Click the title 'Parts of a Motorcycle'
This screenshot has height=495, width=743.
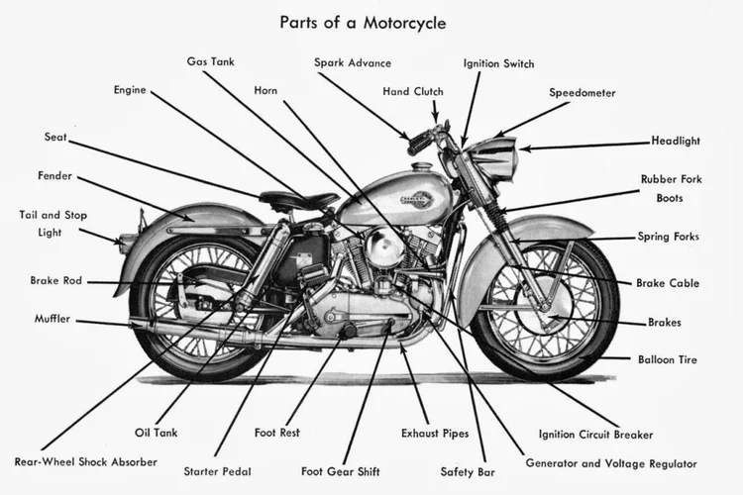pyautogui.click(x=363, y=21)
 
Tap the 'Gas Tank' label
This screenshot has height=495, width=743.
pyautogui.click(x=210, y=61)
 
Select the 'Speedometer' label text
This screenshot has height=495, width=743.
pyautogui.click(x=583, y=93)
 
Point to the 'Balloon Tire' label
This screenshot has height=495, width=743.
pyautogui.click(x=668, y=359)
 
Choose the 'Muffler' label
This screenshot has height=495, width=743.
pyautogui.click(x=52, y=319)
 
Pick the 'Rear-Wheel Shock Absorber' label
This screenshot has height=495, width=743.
pyautogui.click(x=85, y=461)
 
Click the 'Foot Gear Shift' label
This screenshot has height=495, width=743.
pyautogui.click(x=342, y=471)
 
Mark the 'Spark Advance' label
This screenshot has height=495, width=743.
pyautogui.click(x=353, y=63)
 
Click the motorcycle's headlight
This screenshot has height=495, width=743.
pyautogui.click(x=495, y=158)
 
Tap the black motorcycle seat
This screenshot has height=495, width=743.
pyautogui.click(x=297, y=201)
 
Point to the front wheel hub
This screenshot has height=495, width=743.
pyautogui.click(x=548, y=308)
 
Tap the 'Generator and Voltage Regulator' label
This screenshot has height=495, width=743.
pyautogui.click(x=610, y=462)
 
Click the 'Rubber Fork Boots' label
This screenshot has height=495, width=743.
pyautogui.click(x=671, y=188)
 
